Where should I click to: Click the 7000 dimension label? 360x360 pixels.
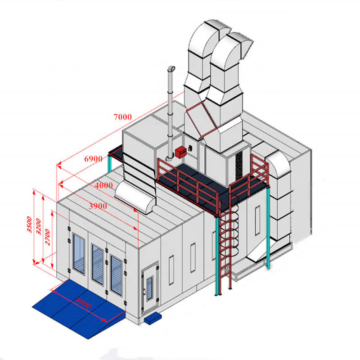(123, 117)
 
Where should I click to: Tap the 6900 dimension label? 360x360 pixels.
(93, 159)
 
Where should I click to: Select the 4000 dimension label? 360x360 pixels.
(104, 185)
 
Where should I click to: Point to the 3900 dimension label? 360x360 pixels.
(98, 206)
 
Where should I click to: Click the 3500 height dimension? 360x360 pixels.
(29, 224)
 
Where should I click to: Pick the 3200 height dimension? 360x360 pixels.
(38, 227)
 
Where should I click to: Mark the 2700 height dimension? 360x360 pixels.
(47, 237)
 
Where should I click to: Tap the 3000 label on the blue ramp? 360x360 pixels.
(83, 303)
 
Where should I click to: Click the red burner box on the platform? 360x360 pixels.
(181, 152)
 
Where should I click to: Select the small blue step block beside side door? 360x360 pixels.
(153, 318)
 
